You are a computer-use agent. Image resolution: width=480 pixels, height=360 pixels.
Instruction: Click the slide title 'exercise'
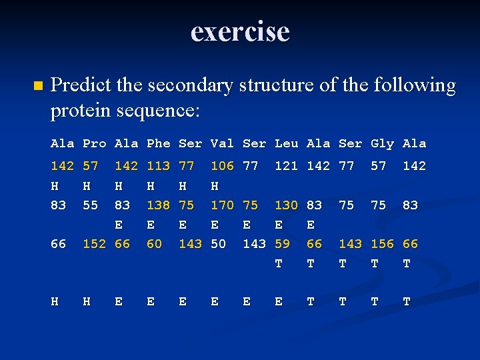pos(240,31)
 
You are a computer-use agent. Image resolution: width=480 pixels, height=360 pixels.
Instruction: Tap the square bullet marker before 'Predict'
pos(37,86)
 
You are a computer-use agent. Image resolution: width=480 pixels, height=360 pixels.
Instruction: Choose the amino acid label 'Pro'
pos(95,143)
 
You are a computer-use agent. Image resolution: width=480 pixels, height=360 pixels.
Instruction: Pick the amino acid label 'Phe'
pos(159,143)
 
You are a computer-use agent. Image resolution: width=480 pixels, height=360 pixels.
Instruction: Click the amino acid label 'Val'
pos(223,143)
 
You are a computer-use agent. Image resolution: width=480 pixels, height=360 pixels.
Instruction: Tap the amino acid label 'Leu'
pos(287,143)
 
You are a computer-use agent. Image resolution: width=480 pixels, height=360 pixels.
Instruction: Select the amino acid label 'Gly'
pos(383,143)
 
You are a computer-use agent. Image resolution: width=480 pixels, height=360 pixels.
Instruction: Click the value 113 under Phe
pos(159,166)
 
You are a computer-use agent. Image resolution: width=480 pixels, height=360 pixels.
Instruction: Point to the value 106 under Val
pos(223,166)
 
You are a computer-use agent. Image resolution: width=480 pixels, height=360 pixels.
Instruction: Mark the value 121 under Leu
pos(287,166)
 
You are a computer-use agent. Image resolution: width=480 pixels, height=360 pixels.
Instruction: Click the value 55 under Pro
pos(90,205)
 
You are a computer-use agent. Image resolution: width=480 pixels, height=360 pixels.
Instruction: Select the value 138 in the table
pos(159,205)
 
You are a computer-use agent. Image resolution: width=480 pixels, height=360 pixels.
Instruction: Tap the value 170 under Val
pos(223,205)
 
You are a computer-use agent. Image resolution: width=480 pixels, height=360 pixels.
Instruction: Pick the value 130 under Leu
pos(287,205)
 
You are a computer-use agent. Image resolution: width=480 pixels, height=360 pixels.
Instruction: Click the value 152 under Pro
pos(95,244)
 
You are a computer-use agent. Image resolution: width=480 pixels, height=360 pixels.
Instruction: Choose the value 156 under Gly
pos(383,244)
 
